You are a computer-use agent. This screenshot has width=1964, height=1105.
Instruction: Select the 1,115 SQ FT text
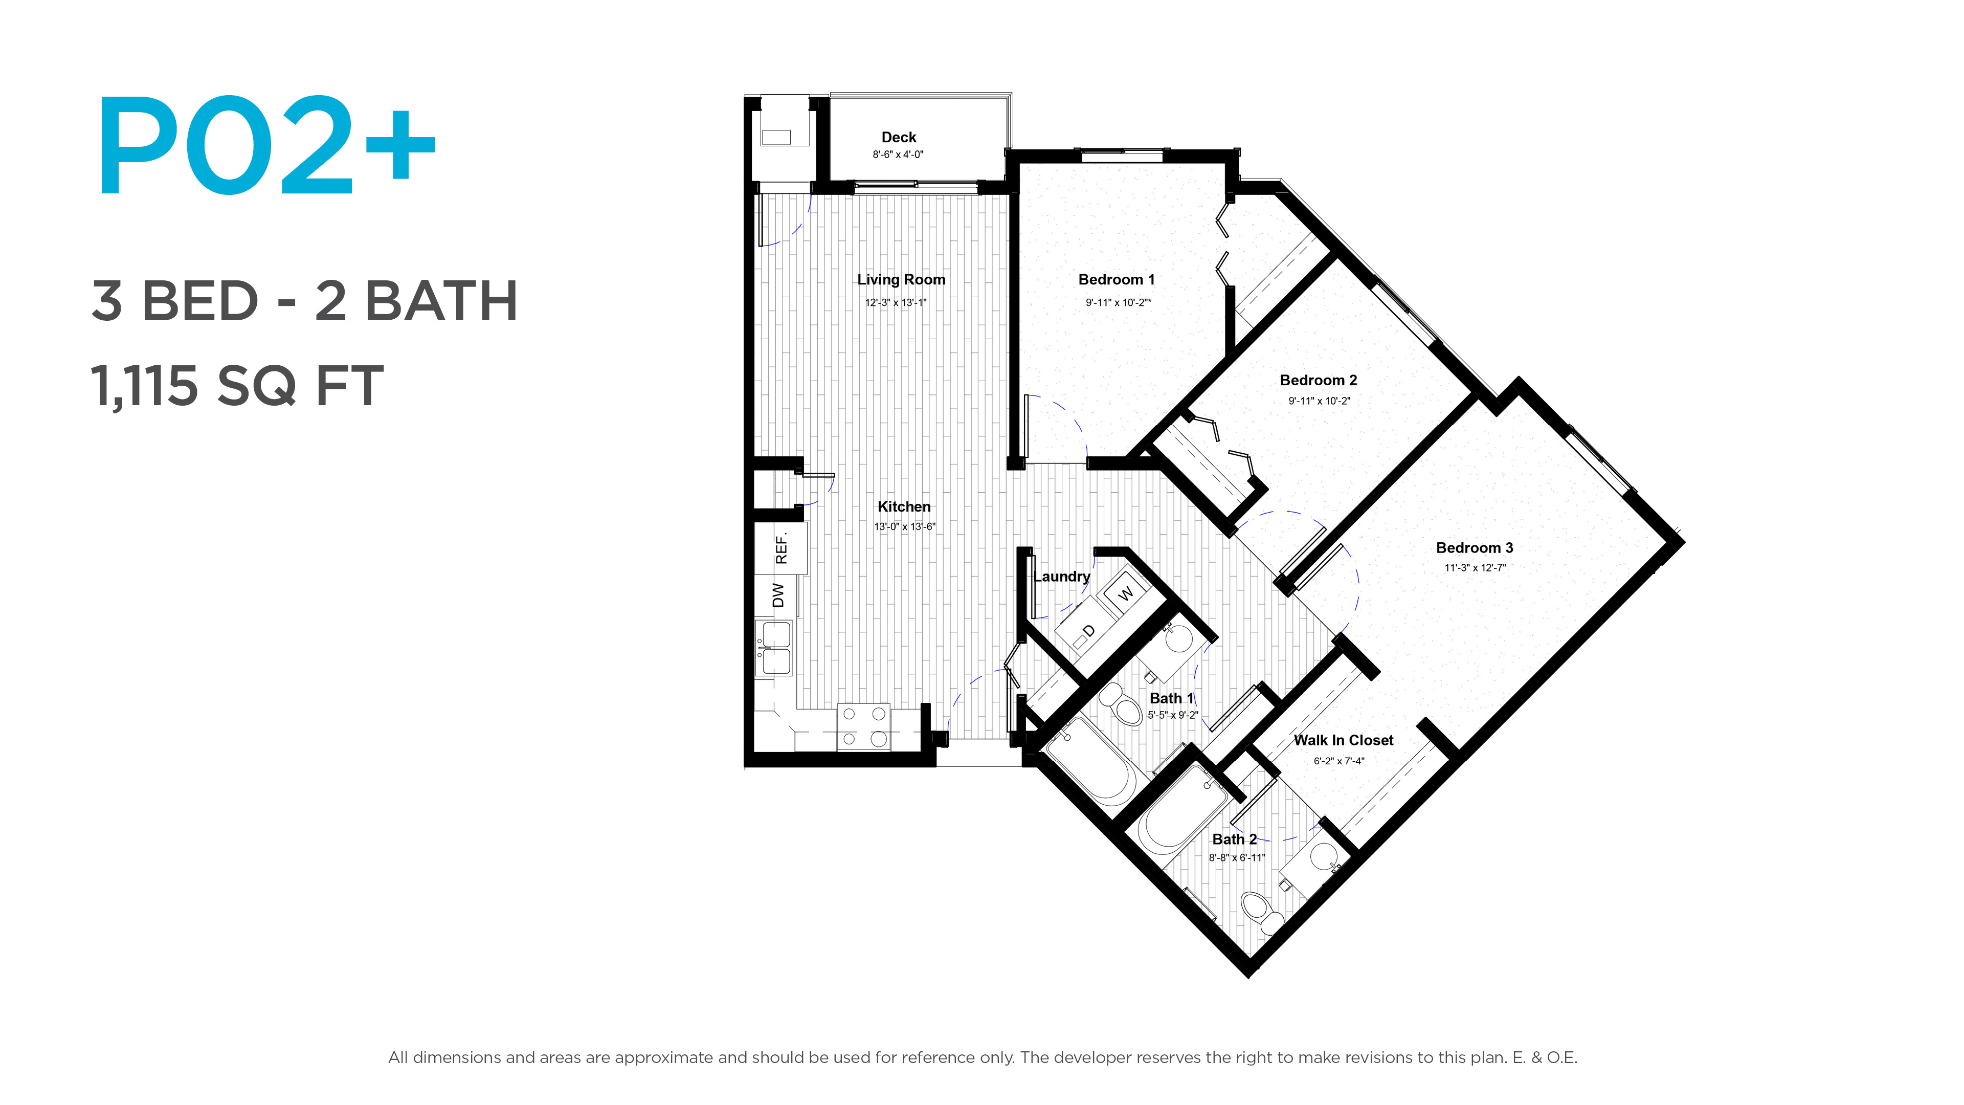[x=237, y=386]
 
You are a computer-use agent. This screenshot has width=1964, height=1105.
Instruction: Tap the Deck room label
[x=899, y=137]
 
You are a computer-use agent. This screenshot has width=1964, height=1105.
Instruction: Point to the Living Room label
[x=901, y=280]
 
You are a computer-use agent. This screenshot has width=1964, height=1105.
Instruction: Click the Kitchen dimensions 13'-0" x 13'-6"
[x=904, y=527]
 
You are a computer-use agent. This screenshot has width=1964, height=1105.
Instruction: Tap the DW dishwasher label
[x=777, y=595]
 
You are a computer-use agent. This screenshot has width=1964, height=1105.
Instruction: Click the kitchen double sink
[x=775, y=648]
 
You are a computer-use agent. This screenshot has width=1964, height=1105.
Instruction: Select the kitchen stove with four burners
[x=864, y=727]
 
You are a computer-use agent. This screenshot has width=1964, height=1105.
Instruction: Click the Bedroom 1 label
[x=1116, y=280]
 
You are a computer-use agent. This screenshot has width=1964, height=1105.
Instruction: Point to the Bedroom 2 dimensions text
[x=1319, y=401]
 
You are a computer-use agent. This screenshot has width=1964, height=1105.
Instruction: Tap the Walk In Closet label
[x=1344, y=740]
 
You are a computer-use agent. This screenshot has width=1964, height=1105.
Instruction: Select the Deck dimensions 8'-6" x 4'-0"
[x=898, y=155]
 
